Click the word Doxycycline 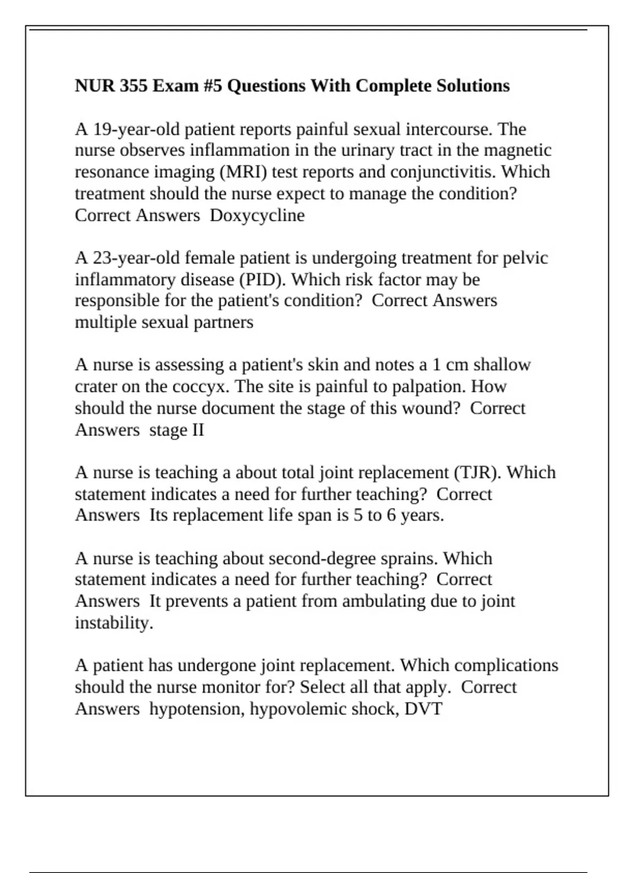[x=257, y=215]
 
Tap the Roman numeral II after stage [x=198, y=430]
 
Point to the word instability [x=114, y=623]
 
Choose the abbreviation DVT [x=423, y=709]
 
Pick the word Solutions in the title [x=473, y=85]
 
